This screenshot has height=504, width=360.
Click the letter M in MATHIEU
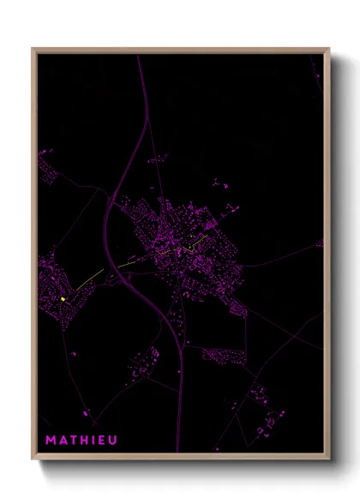(x=51, y=441)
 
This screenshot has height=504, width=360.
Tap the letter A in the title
(x=63, y=441)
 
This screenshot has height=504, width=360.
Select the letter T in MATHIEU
(x=73, y=441)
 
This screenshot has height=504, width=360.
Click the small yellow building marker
(x=63, y=298)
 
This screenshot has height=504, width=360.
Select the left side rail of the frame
(x=34, y=257)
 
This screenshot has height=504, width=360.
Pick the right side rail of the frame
(x=327, y=257)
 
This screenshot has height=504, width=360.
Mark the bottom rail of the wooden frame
(x=180, y=459)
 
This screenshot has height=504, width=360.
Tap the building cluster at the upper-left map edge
(x=46, y=166)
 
